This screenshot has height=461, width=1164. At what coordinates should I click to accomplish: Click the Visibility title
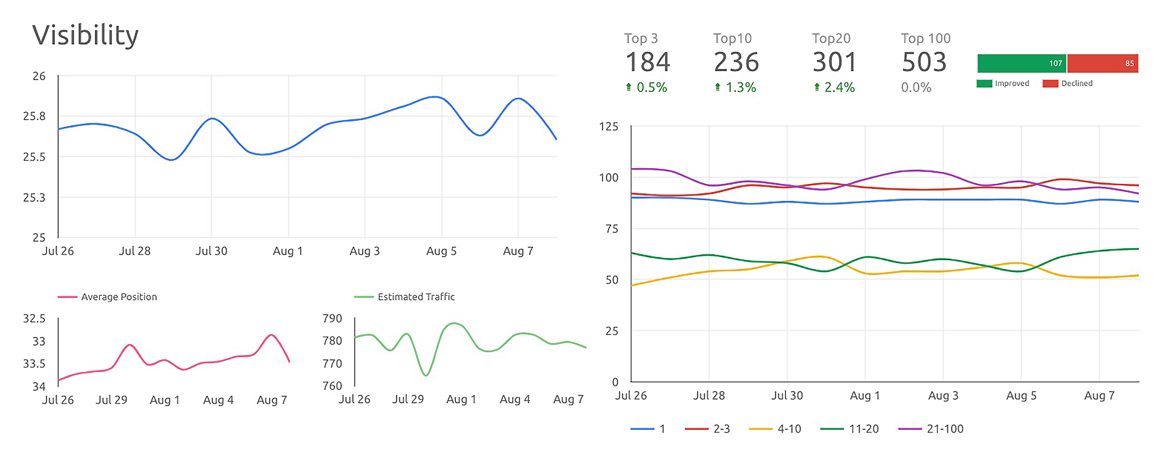coord(85,35)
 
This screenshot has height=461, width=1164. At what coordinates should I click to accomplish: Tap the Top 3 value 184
coord(648,62)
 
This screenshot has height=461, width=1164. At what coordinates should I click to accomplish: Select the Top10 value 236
coord(736,62)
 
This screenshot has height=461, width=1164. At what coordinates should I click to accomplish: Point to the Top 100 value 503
coord(924,62)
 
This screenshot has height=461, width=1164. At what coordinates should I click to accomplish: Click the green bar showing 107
coord(1022,63)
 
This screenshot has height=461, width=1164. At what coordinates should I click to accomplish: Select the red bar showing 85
coord(1103,63)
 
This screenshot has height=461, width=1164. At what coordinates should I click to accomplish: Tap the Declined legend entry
coord(1068,83)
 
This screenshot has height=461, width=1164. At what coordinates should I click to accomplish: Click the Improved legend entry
coord(1003,83)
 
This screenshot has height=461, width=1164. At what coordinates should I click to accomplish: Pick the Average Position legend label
coord(119,297)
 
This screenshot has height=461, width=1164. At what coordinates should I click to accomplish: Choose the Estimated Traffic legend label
coord(416,297)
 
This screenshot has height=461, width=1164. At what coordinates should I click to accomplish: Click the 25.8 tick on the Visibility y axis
coord(34,116)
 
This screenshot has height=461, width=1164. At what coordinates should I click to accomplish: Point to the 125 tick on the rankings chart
coord(609,127)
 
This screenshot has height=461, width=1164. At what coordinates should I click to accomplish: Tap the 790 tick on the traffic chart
coord(332,319)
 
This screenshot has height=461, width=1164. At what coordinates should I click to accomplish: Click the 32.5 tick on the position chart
coord(34,319)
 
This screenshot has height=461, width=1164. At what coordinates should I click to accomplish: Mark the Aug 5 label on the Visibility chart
coord(441,251)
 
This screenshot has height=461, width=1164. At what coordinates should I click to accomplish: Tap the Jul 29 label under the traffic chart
coord(408,400)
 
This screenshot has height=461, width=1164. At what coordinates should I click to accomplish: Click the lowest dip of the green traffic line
coord(426,375)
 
